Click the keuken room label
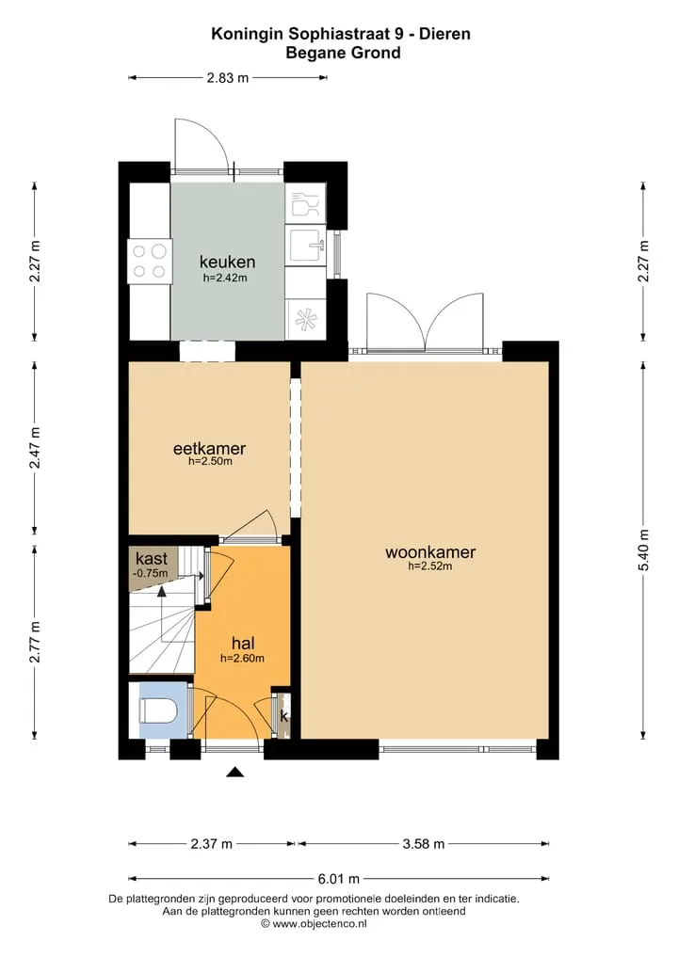pyautogui.click(x=227, y=262)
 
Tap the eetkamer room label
pyautogui.click(x=209, y=449)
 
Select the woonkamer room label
pyautogui.click(x=430, y=552)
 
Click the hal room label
pyautogui.click(x=243, y=644)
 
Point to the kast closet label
pyautogui.click(x=152, y=558)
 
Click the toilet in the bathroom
pyautogui.click(x=159, y=710)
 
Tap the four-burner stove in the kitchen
pyautogui.click(x=150, y=262)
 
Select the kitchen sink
pyautogui.click(x=306, y=246)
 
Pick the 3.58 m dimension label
pyautogui.click(x=424, y=844)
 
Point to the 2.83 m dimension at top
pyautogui.click(x=228, y=77)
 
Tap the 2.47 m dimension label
pyautogui.click(x=35, y=447)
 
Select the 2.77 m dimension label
pyautogui.click(x=35, y=642)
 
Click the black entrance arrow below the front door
pyautogui.click(x=235, y=772)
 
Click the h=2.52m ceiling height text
pyautogui.click(x=430, y=566)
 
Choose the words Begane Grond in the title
pyautogui.click(x=344, y=53)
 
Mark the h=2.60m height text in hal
pyautogui.click(x=243, y=659)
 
